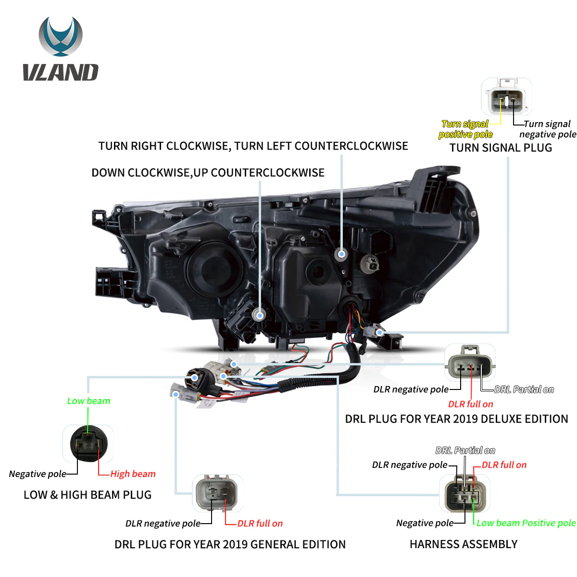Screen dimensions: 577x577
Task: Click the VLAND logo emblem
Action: (x=61, y=37)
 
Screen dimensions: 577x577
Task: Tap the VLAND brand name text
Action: (x=61, y=73)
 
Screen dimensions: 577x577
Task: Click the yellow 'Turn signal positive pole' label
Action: (x=465, y=129)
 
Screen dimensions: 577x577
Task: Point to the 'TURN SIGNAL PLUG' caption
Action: (x=501, y=148)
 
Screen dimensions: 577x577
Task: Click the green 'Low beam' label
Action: (x=88, y=401)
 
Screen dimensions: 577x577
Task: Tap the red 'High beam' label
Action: (x=133, y=474)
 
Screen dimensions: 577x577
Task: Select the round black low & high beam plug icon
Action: (x=88, y=444)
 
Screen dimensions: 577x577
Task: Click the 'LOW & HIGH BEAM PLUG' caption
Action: (x=88, y=495)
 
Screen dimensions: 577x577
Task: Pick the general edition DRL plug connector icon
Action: (x=217, y=493)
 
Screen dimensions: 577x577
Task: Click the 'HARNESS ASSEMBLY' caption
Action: (x=464, y=544)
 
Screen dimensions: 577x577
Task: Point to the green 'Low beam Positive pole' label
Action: (x=526, y=523)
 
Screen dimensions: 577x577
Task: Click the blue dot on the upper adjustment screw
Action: (x=341, y=254)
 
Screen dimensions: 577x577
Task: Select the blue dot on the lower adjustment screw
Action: (x=260, y=315)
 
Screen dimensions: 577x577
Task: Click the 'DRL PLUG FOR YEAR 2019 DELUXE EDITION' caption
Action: (x=456, y=419)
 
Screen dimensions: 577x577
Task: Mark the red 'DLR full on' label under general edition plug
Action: (x=260, y=524)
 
